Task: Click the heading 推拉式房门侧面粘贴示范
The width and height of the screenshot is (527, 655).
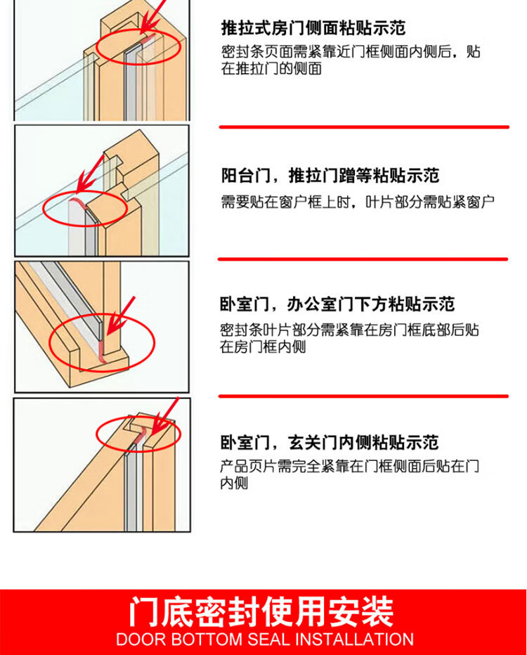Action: (x=313, y=28)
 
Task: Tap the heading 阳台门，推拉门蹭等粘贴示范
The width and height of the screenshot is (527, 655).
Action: (x=330, y=175)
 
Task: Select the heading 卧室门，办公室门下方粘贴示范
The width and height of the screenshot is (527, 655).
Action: (x=337, y=304)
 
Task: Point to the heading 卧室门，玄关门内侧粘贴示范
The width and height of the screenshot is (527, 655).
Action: (x=329, y=442)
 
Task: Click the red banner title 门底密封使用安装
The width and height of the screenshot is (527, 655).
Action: (x=261, y=611)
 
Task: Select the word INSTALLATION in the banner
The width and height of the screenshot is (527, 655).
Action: (x=354, y=640)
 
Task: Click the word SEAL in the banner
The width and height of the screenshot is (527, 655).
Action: (x=268, y=640)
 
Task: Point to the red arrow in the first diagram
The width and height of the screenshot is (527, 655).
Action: (x=152, y=16)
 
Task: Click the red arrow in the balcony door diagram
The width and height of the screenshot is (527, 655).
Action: (x=90, y=174)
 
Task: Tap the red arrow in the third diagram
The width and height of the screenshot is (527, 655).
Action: (x=121, y=316)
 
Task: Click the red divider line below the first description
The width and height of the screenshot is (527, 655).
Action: (x=364, y=127)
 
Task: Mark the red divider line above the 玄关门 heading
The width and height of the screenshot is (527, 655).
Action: (x=363, y=396)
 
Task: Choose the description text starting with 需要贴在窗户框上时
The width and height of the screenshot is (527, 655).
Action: (x=358, y=202)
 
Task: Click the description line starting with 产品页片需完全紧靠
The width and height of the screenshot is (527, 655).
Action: (x=349, y=466)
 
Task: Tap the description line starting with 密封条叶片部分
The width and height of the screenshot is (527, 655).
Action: (x=349, y=330)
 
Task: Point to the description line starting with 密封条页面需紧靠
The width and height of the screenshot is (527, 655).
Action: (x=351, y=52)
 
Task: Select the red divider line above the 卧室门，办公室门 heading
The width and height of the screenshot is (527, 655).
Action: (x=363, y=259)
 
